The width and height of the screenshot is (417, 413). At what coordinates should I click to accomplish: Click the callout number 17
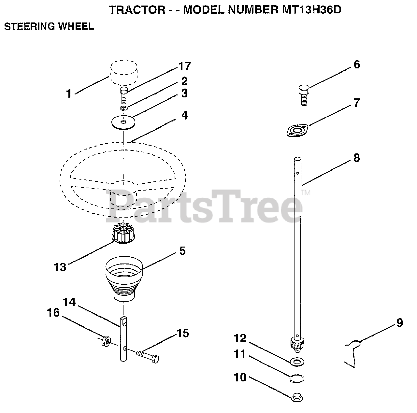[184, 66]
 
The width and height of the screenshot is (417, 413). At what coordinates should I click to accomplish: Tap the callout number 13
[60, 267]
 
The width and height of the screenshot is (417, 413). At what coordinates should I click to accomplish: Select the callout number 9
[399, 323]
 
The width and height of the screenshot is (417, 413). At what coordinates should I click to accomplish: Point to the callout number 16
[53, 313]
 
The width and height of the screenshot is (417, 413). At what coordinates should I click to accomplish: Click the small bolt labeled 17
[123, 94]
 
